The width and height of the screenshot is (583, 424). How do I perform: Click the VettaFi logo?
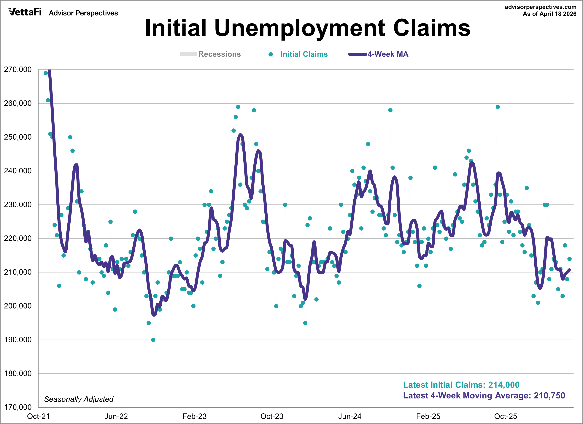(25, 12)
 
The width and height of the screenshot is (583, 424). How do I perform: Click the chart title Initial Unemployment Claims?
(307, 28)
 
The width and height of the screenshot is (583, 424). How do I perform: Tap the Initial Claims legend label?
(304, 54)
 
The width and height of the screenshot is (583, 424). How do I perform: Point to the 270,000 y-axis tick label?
(18, 70)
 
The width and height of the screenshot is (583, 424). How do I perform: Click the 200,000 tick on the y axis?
(18, 306)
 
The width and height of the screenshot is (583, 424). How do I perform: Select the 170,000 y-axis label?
(18, 407)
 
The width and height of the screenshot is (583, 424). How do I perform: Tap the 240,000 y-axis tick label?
(18, 171)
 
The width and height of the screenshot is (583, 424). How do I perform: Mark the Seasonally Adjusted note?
(79, 399)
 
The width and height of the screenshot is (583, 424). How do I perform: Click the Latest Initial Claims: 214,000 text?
(461, 385)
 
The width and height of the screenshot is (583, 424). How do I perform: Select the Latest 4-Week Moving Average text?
(484, 395)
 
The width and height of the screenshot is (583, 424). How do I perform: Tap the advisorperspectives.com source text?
(540, 7)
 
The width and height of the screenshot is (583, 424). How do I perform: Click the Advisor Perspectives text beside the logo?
(83, 13)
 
